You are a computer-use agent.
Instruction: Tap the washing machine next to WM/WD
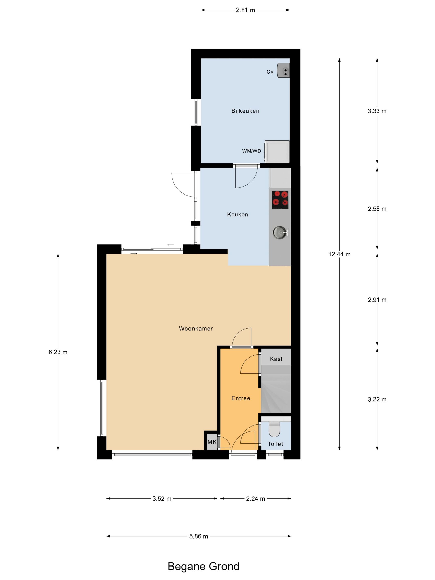[x=277, y=151]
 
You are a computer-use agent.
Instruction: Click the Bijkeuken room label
[x=245, y=111]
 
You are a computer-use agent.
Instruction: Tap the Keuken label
[x=237, y=214]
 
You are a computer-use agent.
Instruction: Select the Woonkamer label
[x=196, y=329]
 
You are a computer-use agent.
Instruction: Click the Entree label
[x=241, y=398]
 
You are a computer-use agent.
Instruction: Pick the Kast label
[x=276, y=359]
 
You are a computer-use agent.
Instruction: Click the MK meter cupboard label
[x=212, y=442]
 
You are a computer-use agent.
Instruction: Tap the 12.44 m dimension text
[x=339, y=254]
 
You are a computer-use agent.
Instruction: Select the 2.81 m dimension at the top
[x=245, y=10]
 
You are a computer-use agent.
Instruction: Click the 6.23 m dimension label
[x=58, y=352]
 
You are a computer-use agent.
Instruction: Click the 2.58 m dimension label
[x=377, y=209]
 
